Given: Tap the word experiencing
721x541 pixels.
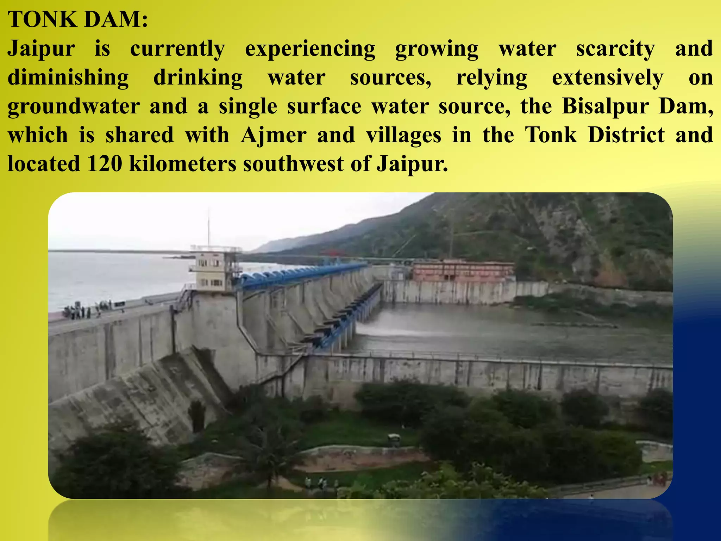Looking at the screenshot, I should [310, 49].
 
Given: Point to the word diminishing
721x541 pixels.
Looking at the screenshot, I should [68, 78].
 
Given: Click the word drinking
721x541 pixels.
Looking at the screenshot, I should [198, 78].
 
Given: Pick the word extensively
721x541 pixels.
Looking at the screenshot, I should [608, 78].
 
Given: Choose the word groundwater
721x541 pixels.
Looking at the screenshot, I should [74, 107].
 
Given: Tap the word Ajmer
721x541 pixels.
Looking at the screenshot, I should [274, 136].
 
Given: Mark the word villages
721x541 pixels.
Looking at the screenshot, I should [403, 136].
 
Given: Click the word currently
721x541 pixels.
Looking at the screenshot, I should [177, 49].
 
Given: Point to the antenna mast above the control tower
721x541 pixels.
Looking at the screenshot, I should [208, 227].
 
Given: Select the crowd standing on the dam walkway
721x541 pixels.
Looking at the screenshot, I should [90, 310].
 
